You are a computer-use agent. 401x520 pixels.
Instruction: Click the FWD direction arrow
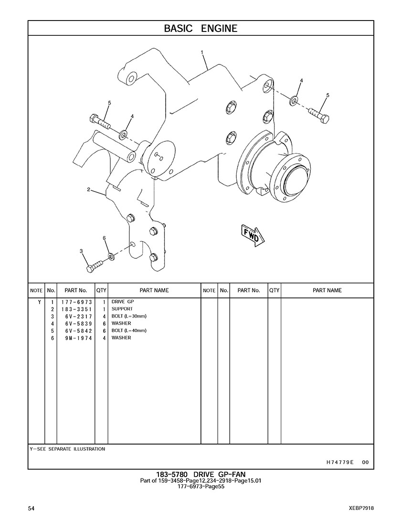(x=253, y=234)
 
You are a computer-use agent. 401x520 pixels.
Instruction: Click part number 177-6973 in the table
(x=76, y=302)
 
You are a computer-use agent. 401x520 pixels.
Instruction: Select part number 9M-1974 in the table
(x=79, y=338)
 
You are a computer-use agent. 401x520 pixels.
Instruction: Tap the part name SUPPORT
(x=122, y=309)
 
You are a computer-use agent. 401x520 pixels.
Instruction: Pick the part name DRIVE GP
(x=123, y=302)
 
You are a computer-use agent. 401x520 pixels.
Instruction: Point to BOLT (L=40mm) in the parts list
(x=129, y=330)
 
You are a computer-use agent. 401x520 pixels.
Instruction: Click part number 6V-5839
(x=79, y=324)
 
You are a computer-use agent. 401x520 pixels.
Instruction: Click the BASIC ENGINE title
(x=200, y=29)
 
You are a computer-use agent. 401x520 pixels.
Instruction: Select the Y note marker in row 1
(x=40, y=302)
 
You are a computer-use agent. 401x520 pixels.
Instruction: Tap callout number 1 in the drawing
(x=201, y=52)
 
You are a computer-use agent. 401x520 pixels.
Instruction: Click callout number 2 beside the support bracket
(x=89, y=190)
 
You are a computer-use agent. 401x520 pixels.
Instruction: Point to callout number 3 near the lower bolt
(x=81, y=251)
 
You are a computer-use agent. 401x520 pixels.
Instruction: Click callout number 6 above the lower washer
(x=104, y=238)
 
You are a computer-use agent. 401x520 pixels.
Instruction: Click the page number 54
(x=31, y=508)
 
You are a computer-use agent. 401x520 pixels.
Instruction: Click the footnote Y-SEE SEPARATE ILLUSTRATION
(x=67, y=449)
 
